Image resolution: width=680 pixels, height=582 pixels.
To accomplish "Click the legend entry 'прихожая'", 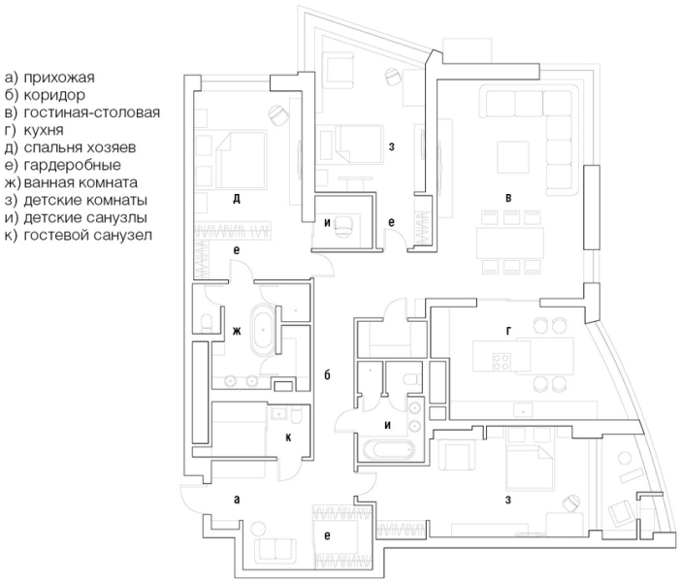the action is tap(59, 78).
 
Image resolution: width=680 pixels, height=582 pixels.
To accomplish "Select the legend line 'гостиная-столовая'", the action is tap(92, 113).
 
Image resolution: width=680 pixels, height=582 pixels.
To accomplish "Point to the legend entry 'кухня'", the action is tap(44, 130).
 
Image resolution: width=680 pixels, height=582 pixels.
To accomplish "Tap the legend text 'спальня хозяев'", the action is tap(80, 147).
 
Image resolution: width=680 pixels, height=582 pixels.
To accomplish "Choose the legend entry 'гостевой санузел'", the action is tap(88, 235).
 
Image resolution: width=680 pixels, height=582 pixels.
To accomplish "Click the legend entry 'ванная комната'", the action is tap(81, 182).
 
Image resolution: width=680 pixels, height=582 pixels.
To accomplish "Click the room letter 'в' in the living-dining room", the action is tap(508, 198).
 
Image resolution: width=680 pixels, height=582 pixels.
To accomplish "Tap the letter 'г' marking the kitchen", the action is tap(508, 331).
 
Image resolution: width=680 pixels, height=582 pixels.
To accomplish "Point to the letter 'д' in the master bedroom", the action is tap(237, 199).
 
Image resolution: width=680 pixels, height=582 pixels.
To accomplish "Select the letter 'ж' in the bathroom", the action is tap(237, 332).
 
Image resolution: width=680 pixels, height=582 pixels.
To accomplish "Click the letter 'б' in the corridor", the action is tap(328, 374).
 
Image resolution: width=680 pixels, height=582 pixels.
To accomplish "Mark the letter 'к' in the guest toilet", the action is tap(288, 438).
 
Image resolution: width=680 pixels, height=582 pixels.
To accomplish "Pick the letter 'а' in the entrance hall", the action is tap(237, 500).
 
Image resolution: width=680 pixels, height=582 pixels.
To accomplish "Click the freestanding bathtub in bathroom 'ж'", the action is tap(263, 331).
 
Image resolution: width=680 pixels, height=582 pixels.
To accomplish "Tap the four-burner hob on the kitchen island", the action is tap(501, 362).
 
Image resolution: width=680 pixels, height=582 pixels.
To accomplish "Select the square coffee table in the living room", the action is tap(512, 157).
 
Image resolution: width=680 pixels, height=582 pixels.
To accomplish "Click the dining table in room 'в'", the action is tap(510, 242).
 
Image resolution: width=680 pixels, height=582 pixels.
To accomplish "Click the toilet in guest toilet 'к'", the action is tap(298, 416).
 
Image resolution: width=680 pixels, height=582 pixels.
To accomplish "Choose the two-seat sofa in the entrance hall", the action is tap(275, 551).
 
